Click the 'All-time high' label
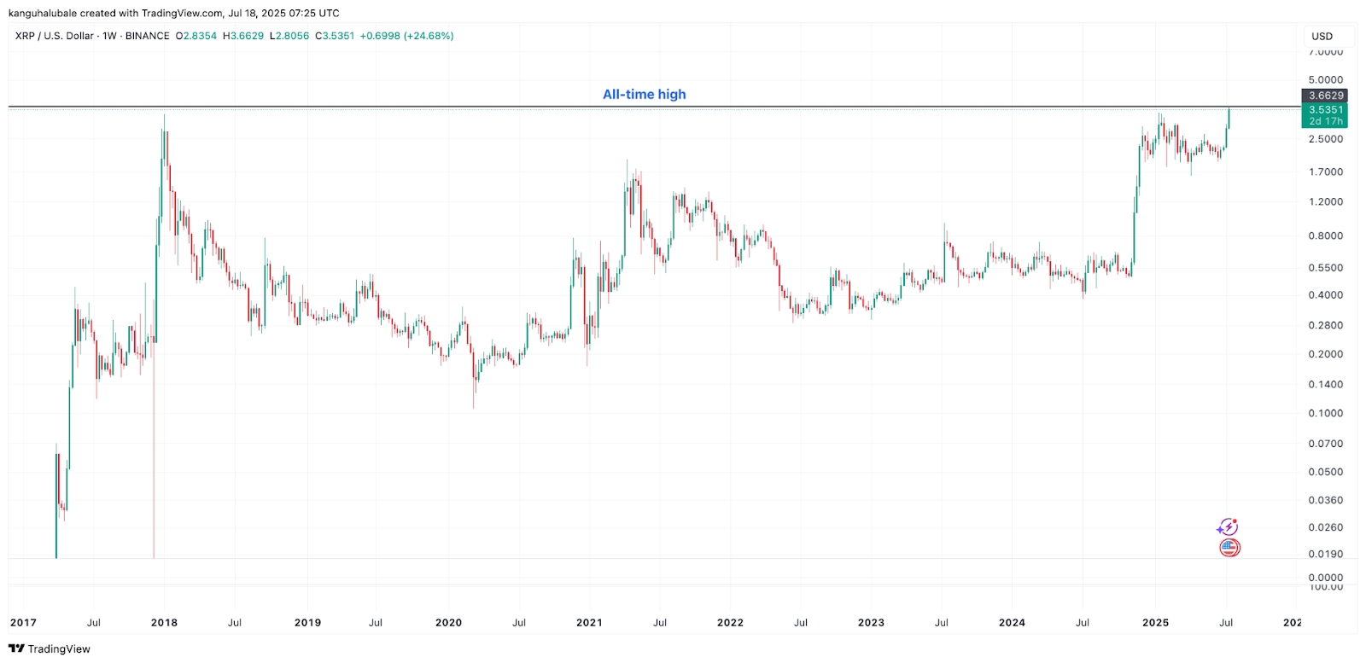click(644, 95)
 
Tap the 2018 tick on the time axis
click(164, 623)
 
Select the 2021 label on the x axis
click(589, 623)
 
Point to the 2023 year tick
click(871, 623)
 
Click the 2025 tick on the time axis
click(1155, 623)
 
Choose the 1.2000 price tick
click(1325, 202)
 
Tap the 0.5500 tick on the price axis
click(1325, 268)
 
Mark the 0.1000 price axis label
click(1325, 414)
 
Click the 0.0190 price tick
click(1325, 555)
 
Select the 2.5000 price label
click(1325, 139)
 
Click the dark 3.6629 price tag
click(1325, 96)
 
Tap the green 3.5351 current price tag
click(1325, 110)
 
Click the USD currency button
click(1322, 37)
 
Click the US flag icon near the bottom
click(1229, 548)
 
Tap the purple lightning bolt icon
click(1228, 527)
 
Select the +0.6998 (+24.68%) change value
click(406, 36)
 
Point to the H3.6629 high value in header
click(243, 36)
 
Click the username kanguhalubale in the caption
click(43, 13)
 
